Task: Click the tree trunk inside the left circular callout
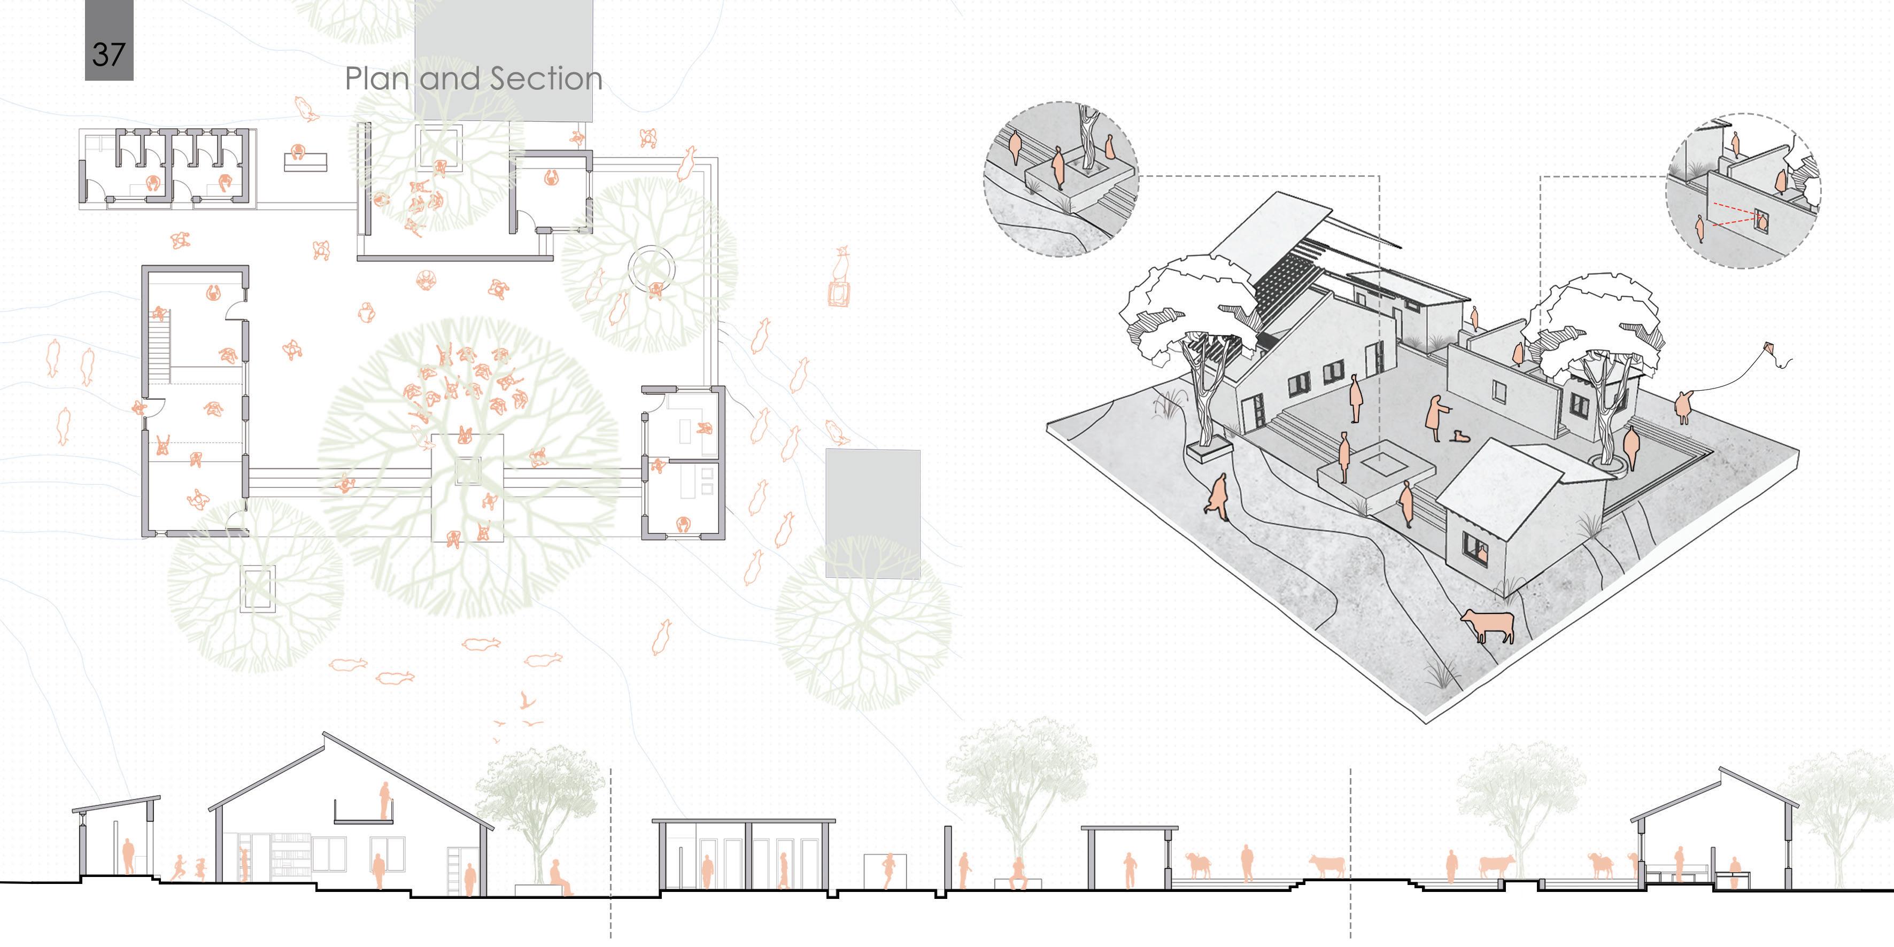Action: point(1087,139)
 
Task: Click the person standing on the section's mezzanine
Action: point(383,801)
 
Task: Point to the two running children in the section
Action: point(188,868)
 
